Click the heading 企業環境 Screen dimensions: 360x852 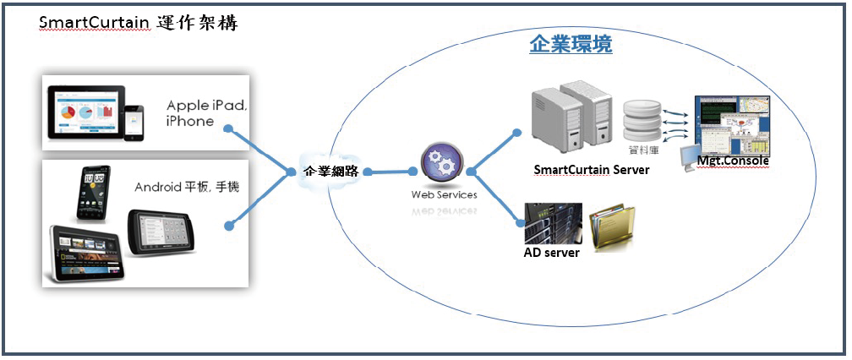571,45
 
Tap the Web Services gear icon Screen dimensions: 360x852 441,164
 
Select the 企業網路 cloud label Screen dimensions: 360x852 331,171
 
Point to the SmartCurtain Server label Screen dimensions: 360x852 592,170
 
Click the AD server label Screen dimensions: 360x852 552,252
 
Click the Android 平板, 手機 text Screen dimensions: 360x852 187,187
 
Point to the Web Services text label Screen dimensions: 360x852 444,195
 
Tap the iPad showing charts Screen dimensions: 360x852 84,113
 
